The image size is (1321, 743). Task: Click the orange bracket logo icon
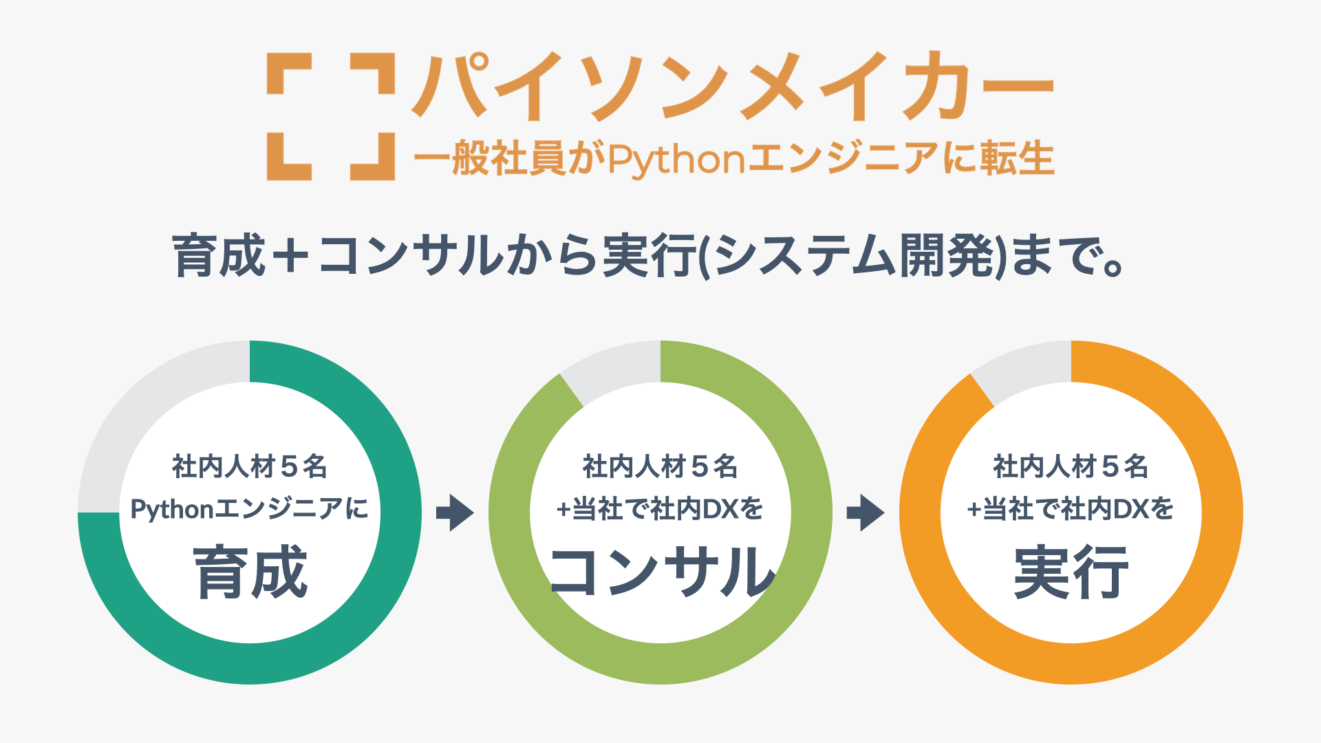[x=330, y=116]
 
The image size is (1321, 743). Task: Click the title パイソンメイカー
[x=733, y=87]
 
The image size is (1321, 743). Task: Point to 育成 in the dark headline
[x=219, y=255]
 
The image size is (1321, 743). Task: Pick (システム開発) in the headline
[x=851, y=255]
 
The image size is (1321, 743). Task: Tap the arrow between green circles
[x=455, y=513]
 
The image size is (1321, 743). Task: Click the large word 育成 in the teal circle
[x=250, y=572]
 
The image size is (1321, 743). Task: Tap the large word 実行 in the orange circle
[x=1071, y=572]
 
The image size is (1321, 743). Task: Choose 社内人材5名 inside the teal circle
[x=250, y=466]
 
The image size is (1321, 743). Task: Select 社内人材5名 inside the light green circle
[x=660, y=466]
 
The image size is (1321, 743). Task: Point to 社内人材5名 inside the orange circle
[x=1071, y=466]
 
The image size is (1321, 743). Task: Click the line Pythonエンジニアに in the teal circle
[x=250, y=509]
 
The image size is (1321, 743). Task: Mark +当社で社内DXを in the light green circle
[x=660, y=509]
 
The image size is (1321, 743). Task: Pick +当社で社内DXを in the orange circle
[x=1071, y=509]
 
